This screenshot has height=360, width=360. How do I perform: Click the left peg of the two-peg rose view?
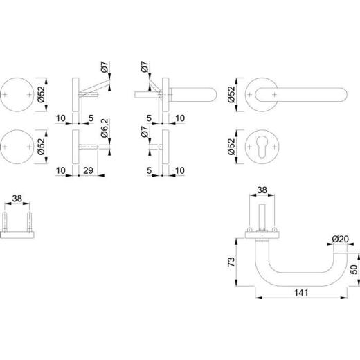coord(8,223)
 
